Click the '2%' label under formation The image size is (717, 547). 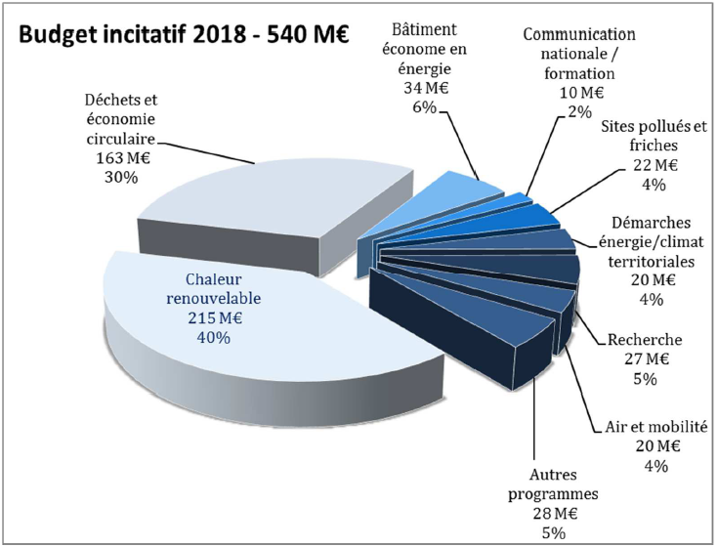point(580,111)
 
